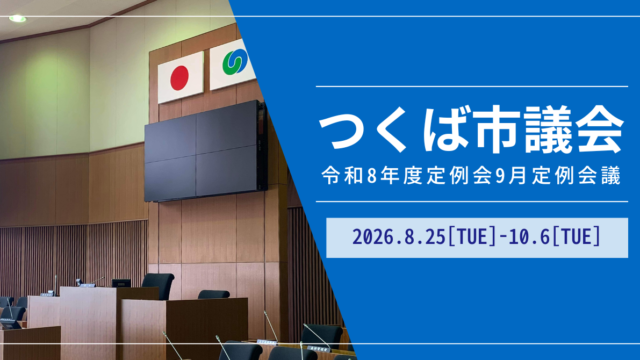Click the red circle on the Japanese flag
pos(179,78)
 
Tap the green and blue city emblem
pos(235,62)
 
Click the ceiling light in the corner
pos(18,18)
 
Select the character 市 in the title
pos(494,129)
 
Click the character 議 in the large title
pos(547,129)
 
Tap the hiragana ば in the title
pos(445,129)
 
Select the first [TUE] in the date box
pos(472,237)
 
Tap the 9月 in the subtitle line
pos(510,176)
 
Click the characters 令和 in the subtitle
pos(342,176)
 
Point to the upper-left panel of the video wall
pos(170,140)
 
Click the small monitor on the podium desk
pos(121,283)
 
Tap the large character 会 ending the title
pos(600,129)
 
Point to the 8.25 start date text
pos(424,237)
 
